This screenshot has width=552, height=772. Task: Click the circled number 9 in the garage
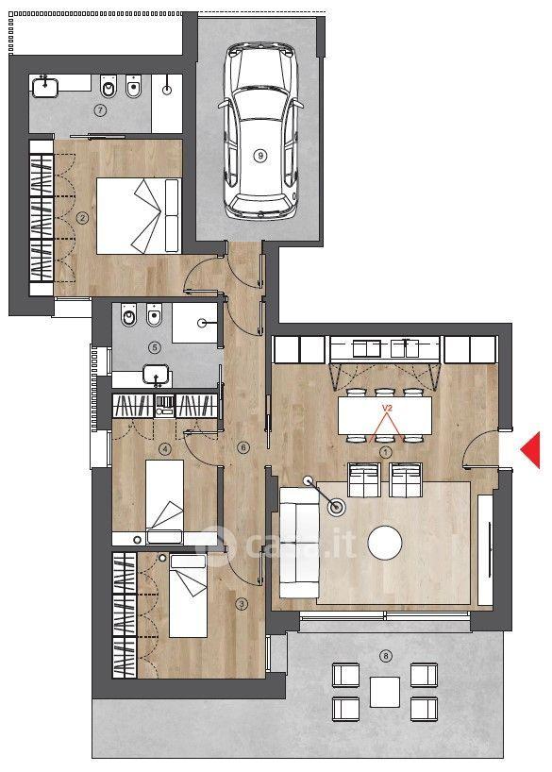(x=260, y=156)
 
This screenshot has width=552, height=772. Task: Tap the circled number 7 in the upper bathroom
(x=100, y=110)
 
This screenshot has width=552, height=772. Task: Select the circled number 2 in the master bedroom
(x=83, y=218)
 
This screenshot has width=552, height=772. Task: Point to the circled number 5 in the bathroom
(x=155, y=347)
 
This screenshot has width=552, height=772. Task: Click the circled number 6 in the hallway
(x=243, y=447)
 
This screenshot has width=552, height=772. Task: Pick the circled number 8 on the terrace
(x=386, y=656)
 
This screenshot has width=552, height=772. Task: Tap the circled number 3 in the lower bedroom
(x=241, y=604)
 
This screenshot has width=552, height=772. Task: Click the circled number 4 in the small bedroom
(x=165, y=448)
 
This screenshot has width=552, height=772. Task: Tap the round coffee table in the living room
(x=385, y=543)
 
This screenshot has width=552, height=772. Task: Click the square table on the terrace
(x=385, y=692)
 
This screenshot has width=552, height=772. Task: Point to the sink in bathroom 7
(x=45, y=87)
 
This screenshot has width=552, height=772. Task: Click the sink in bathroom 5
(x=156, y=375)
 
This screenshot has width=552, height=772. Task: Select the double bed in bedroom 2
(x=139, y=216)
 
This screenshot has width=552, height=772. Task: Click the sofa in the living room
(x=299, y=543)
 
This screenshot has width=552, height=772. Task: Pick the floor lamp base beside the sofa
(x=337, y=507)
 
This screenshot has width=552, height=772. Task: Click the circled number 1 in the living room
(x=386, y=451)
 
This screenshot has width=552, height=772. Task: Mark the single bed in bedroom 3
(x=188, y=596)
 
